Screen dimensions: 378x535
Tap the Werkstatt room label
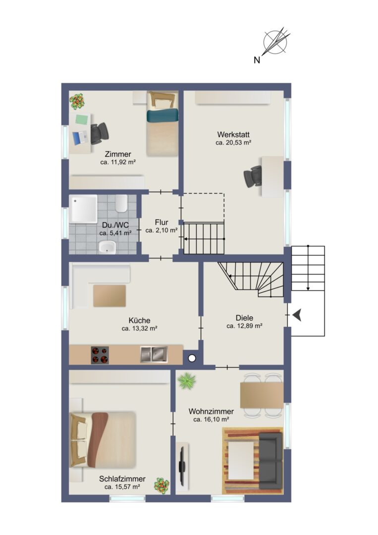[x=233, y=134]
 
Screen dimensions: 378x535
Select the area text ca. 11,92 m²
[x=118, y=162]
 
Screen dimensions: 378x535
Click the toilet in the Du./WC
[x=121, y=204]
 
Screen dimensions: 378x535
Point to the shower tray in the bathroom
[x=83, y=209]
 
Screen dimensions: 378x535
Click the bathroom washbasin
[x=107, y=247]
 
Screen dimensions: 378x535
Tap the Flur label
[x=162, y=222]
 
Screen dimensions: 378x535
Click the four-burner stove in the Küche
[x=100, y=355]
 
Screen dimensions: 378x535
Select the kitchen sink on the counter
[x=154, y=354]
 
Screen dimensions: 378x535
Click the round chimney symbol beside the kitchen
[x=192, y=358]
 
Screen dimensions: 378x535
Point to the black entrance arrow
[x=297, y=315]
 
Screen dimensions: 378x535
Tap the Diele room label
[x=244, y=318]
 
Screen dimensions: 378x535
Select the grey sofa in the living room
[x=271, y=461]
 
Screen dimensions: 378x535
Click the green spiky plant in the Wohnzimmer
[x=187, y=380]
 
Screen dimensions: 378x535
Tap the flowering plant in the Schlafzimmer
[x=162, y=485]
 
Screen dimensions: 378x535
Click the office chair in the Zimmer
[x=99, y=133]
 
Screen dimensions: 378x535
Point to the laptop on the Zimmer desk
[x=80, y=138]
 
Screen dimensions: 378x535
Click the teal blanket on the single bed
[x=162, y=115]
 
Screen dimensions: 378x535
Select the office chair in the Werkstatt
[x=253, y=176]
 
